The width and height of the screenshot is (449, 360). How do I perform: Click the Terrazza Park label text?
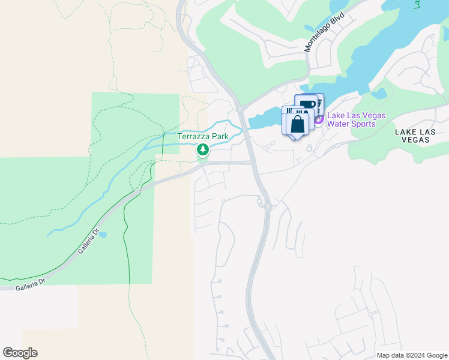click(x=203, y=136)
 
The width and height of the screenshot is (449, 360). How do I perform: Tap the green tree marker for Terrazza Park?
click(x=203, y=149)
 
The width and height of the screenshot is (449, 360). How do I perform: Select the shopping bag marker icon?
click(x=297, y=125)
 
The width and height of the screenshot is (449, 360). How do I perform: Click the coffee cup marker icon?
click(x=307, y=104)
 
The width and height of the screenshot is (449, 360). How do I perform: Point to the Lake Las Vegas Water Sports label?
click(x=356, y=120)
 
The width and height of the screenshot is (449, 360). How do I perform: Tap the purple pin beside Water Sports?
click(x=318, y=119)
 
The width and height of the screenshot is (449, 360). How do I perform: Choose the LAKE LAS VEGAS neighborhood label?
click(x=412, y=135)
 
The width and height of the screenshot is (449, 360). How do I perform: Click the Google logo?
click(x=20, y=353)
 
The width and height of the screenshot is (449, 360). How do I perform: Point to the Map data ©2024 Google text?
click(x=411, y=355)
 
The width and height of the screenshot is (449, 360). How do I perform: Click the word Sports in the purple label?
click(x=364, y=124)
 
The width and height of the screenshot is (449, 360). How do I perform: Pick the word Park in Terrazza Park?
click(x=220, y=136)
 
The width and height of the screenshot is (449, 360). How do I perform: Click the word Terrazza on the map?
click(x=194, y=136)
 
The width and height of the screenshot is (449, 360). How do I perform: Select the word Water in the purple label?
click(x=340, y=124)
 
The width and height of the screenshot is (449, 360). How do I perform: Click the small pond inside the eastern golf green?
click(x=380, y=94)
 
